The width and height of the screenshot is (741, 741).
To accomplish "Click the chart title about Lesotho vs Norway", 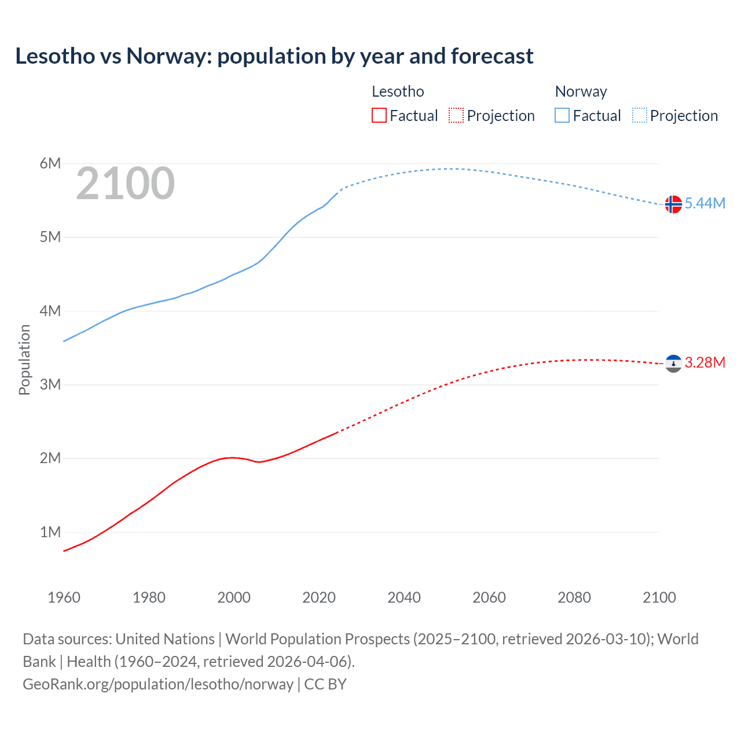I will (x=274, y=56).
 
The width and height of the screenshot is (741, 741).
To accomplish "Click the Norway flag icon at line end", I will (x=673, y=204).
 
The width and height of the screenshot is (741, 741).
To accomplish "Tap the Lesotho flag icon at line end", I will (x=673, y=364).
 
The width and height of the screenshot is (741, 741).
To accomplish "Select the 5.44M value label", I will (x=705, y=203).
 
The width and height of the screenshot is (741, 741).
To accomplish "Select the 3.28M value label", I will (x=705, y=362).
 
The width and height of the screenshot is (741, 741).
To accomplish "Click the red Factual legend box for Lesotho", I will (x=379, y=115).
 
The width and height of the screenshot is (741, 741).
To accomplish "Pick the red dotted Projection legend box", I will (x=456, y=115).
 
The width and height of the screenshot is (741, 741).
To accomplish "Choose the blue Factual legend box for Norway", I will (x=562, y=115).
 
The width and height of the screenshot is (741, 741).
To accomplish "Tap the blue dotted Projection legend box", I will (x=640, y=115).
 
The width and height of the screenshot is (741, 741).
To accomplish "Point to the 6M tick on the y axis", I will (x=50, y=163).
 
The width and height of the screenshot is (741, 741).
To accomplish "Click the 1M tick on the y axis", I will (x=50, y=532).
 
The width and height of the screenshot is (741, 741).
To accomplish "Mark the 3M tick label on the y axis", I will (x=50, y=384).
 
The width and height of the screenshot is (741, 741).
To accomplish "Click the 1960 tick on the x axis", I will (x=64, y=597).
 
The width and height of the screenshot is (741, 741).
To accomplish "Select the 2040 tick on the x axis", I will (x=404, y=597).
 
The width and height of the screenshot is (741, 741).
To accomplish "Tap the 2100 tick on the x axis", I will (x=659, y=597).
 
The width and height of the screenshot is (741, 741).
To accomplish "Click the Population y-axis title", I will (x=24, y=360).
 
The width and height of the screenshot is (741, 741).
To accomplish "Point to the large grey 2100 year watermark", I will (x=125, y=184).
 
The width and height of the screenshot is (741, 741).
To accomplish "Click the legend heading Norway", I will (x=581, y=91).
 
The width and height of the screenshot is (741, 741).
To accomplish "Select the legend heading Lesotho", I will (x=398, y=91).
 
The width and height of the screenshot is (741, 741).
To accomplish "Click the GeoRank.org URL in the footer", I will (x=158, y=684).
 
